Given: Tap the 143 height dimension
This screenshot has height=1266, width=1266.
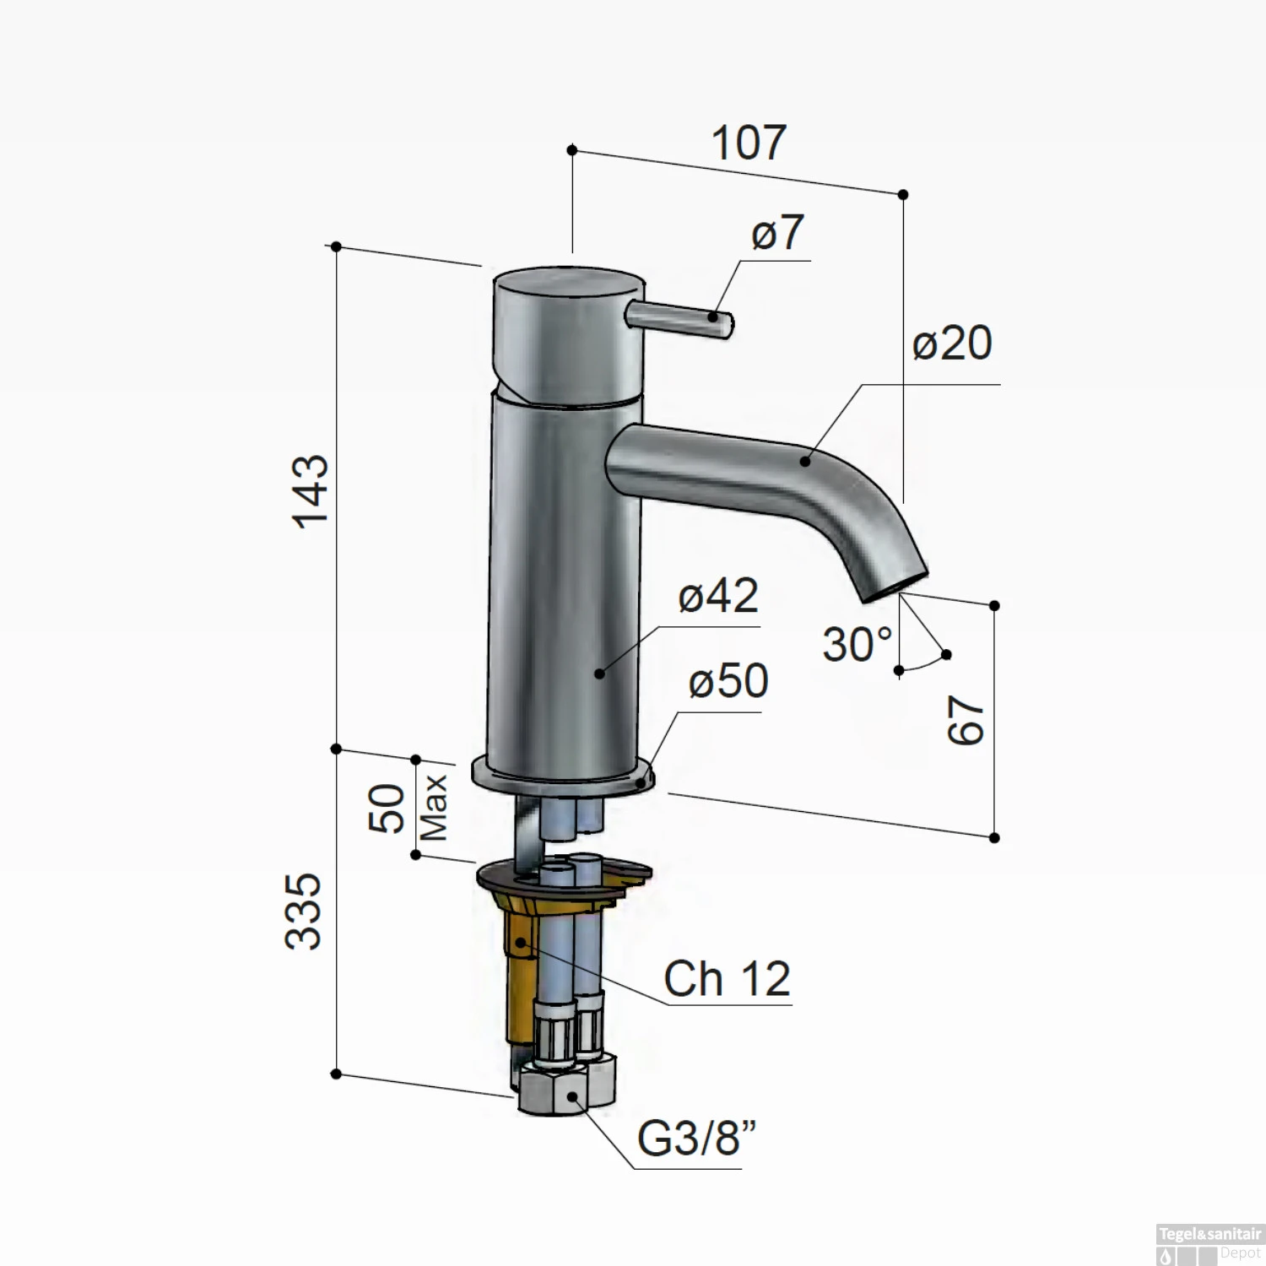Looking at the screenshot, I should coord(310,491).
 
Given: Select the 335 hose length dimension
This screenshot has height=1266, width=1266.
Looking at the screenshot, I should coord(304,912).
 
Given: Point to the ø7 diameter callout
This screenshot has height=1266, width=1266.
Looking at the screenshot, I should coord(776,232).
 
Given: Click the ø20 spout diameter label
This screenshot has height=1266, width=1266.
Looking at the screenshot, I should coord(952,344).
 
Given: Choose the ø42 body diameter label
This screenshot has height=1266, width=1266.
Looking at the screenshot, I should coord(718,597).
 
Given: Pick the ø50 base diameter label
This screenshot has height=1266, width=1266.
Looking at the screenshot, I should coord(728,681).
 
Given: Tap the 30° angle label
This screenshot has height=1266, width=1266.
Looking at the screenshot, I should coord(857,646).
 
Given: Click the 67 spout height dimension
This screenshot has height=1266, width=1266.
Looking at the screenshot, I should coord(966,720).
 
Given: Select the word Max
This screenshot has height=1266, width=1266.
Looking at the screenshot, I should coord(434,808).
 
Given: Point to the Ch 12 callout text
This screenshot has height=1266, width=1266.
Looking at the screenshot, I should coord(727,979).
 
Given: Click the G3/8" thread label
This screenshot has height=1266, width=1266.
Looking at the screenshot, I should coord(696,1139).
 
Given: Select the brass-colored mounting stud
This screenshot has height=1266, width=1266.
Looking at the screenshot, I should coord(517,962).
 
